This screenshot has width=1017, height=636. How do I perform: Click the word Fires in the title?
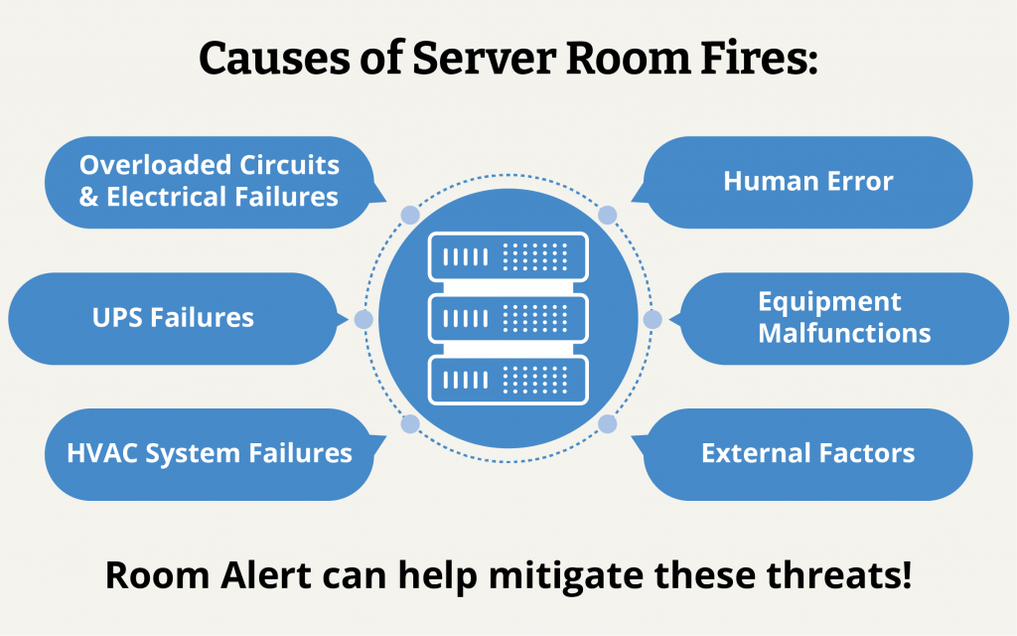click(758, 60)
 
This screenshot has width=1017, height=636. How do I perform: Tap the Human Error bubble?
click(807, 182)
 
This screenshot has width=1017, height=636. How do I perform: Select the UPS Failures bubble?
click(174, 318)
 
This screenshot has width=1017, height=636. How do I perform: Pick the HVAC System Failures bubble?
click(209, 454)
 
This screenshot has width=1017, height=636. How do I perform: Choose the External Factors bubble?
click(807, 454)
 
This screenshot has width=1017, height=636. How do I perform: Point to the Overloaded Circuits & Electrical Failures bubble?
click(209, 182)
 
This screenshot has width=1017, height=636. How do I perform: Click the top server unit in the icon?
click(508, 256)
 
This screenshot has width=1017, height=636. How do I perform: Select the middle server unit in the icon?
click(508, 318)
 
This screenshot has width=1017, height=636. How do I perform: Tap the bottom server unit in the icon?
click(508, 379)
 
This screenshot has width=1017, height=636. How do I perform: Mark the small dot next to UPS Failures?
click(363, 320)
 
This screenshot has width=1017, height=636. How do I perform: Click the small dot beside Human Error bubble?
click(608, 215)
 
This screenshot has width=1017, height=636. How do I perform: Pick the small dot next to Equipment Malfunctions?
click(653, 320)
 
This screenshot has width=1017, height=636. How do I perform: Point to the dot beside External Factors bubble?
click(608, 424)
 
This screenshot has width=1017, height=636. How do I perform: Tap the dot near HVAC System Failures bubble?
click(408, 424)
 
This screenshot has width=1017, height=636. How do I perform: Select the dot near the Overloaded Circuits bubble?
click(408, 215)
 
